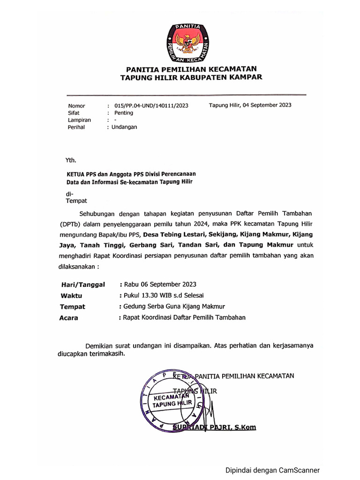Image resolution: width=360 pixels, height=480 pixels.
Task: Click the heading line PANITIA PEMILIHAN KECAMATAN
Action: (x=190, y=69)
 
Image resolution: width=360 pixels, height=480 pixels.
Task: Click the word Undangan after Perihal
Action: (x=124, y=127)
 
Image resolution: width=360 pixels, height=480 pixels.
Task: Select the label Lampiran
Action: (x=79, y=120)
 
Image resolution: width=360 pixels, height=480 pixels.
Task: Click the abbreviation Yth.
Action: (x=71, y=159)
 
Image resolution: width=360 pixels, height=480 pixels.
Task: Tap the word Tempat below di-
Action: (x=76, y=201)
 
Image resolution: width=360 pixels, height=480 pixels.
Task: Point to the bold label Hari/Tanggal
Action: (x=83, y=285)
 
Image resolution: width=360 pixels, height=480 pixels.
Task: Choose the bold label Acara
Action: (x=69, y=318)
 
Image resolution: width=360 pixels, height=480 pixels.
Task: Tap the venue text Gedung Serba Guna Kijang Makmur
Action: (x=174, y=307)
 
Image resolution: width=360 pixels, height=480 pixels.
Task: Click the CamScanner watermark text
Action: (x=272, y=470)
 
